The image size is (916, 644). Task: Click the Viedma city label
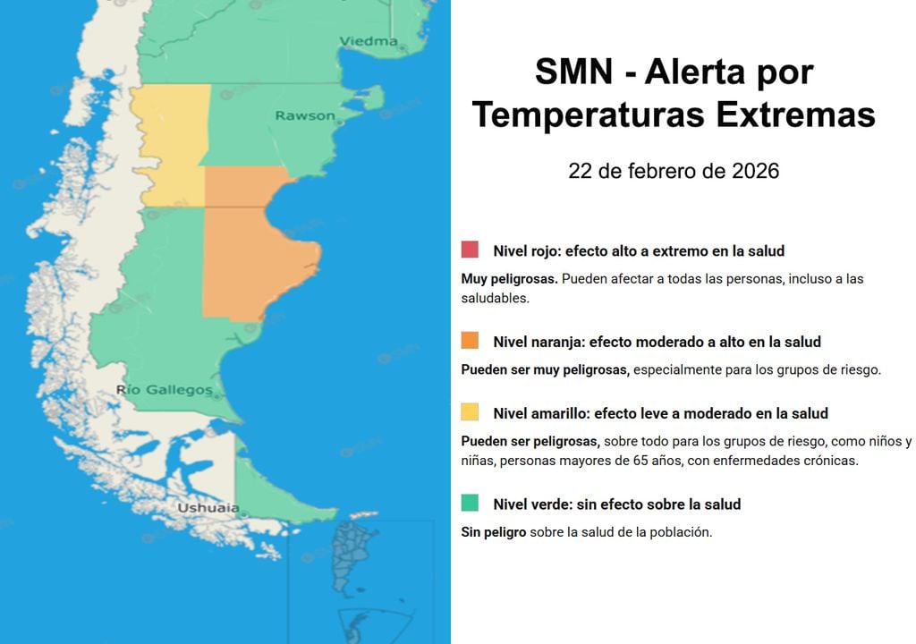[368, 41]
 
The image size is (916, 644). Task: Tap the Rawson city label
[305, 115]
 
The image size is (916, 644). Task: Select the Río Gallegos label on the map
[165, 390]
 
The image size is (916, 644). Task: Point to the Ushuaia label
[208, 508]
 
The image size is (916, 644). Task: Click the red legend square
[470, 250]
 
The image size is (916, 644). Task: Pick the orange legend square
[470, 341]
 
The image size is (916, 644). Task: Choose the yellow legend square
[470, 412]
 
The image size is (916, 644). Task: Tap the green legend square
[470, 503]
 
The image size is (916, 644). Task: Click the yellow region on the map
[170, 143]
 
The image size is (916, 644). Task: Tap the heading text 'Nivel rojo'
[527, 251]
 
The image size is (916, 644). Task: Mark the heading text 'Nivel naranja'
[539, 342]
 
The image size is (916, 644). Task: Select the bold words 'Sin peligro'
[493, 532]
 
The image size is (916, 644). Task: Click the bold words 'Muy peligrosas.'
[509, 279]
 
